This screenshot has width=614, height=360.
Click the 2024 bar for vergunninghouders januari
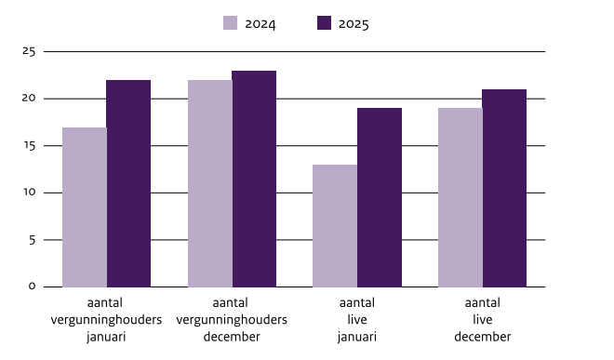point(85,207)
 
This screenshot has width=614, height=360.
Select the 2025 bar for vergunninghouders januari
point(128,183)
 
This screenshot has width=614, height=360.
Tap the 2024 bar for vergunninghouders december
point(210,183)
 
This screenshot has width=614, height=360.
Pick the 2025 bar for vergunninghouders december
point(254,179)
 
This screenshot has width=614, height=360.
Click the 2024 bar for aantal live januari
point(335,225)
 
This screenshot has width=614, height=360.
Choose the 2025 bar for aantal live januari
point(380,197)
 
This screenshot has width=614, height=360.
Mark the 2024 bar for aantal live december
point(460,197)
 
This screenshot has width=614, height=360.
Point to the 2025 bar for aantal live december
point(504,188)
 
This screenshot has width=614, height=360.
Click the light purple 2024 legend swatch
point(232,23)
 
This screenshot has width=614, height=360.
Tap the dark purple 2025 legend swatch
point(325,23)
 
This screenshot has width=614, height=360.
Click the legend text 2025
point(354,24)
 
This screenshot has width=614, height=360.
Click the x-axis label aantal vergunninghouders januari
point(105,319)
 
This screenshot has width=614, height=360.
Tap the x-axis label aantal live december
point(482,319)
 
